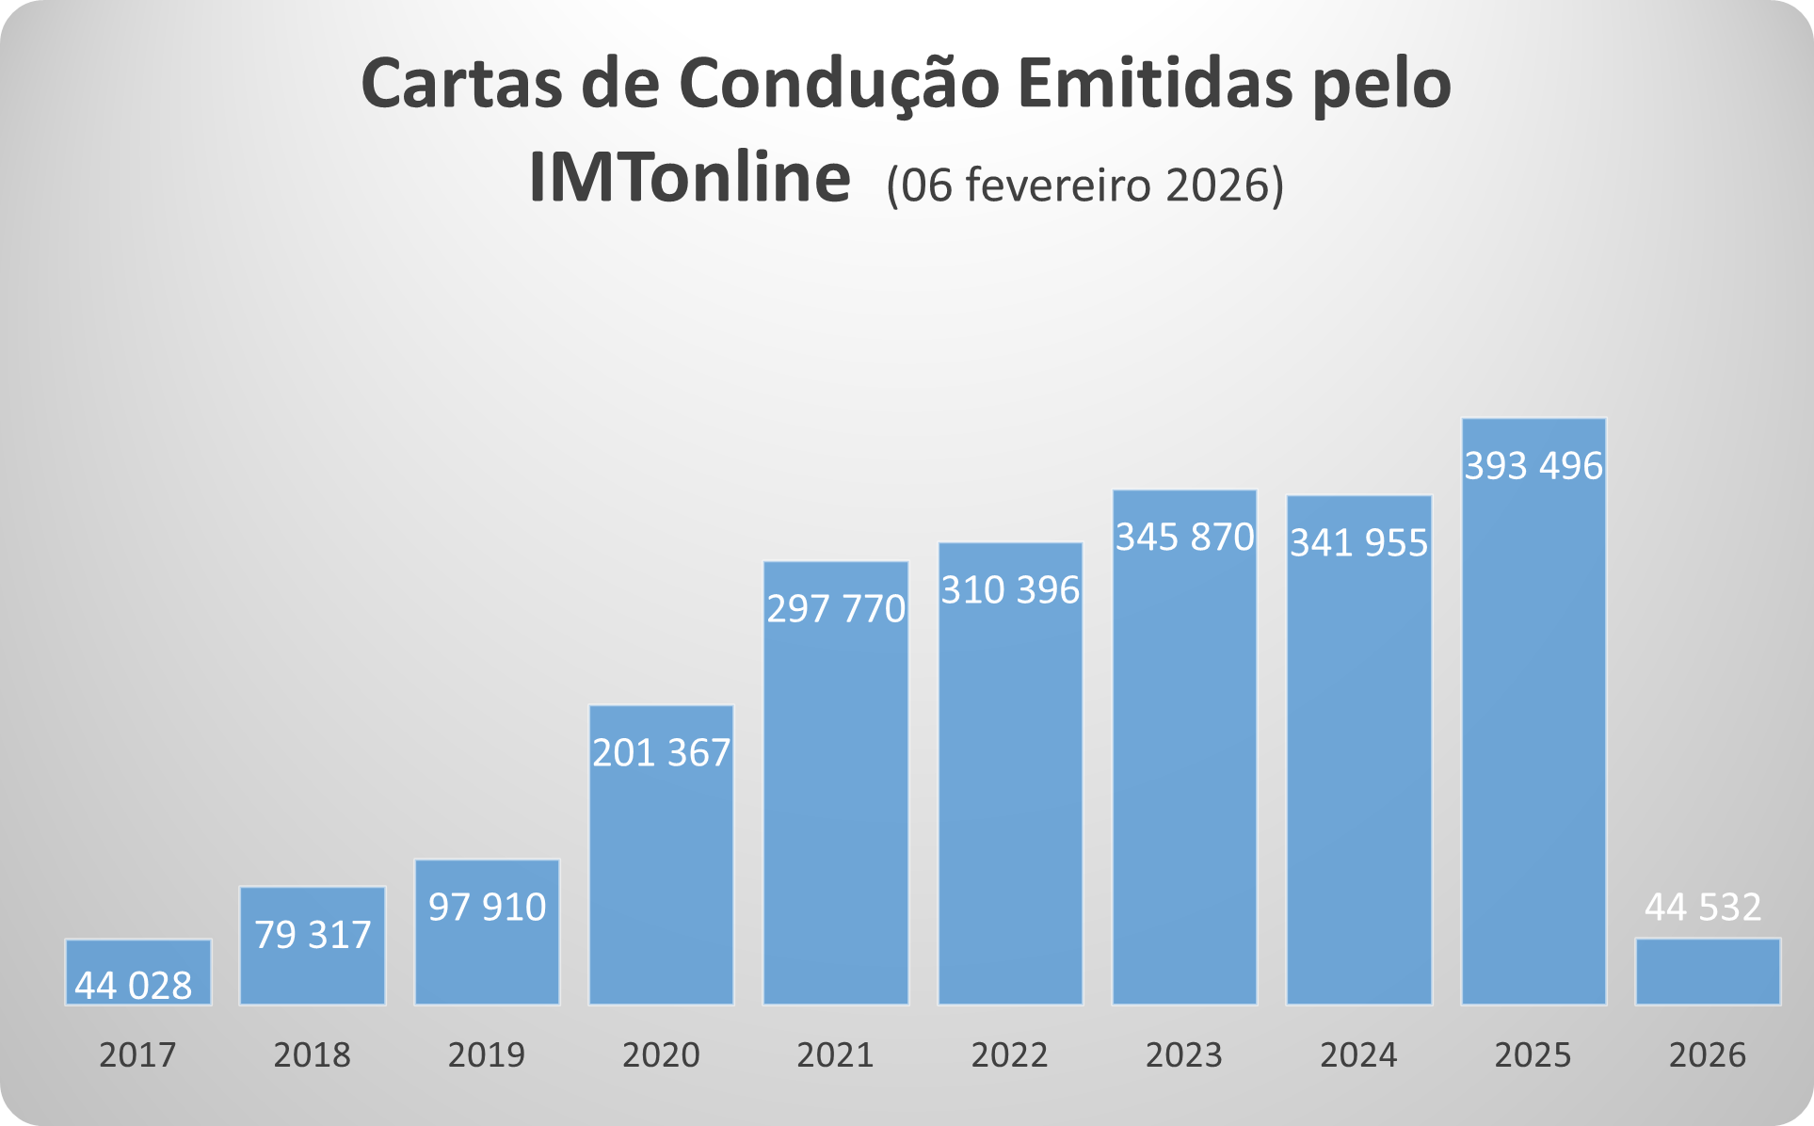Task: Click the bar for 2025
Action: [x=1533, y=734]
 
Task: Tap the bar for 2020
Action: [x=661, y=876]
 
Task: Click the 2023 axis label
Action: [x=1183, y=1054]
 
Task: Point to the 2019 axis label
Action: [x=486, y=1054]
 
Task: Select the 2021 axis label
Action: [x=835, y=1054]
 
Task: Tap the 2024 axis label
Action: [x=1358, y=1054]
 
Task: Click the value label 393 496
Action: [x=1533, y=466]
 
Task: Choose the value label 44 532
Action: [x=1703, y=907]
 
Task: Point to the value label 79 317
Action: [x=313, y=935]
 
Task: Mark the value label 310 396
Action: [x=1010, y=590]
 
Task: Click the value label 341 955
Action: [x=1358, y=543]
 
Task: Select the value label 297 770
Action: [x=835, y=609]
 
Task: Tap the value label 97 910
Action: [x=487, y=907]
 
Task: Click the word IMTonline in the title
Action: [x=689, y=177]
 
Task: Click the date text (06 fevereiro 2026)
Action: [x=1084, y=185]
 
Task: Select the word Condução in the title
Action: [x=839, y=85]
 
